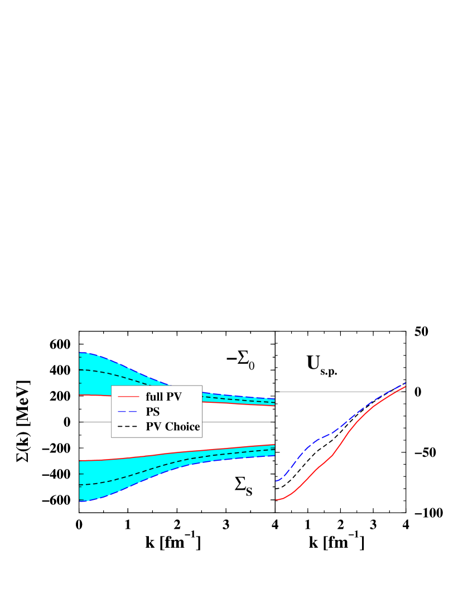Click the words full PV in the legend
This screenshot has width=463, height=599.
coord(163,397)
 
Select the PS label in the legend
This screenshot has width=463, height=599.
coord(152,412)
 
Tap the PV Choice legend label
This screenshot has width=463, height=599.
coord(172,427)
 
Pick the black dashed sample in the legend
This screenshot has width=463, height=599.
coord(128,427)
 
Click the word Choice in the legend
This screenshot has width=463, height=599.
coord(182,427)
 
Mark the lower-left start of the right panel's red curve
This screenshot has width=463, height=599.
coord(277,500)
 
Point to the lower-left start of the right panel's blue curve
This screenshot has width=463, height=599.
coord(276,480)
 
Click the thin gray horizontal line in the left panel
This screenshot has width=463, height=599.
coord(234,422)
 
